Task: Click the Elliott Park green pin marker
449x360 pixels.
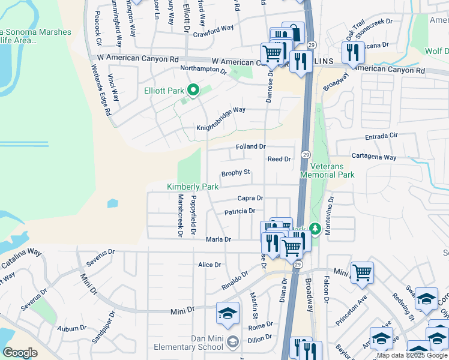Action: click(193, 91)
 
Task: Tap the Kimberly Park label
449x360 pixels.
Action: click(193, 187)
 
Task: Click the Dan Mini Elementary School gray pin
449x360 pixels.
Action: click(234, 341)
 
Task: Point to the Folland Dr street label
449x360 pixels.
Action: click(251, 147)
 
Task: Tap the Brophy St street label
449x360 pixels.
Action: click(235, 173)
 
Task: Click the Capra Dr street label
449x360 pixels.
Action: click(250, 198)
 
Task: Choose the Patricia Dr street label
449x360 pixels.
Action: click(240, 211)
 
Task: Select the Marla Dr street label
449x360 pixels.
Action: click(218, 239)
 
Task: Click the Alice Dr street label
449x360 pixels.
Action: click(209, 265)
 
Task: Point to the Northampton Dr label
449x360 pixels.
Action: click(203, 70)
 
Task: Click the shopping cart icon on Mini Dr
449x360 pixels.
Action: click(362, 272)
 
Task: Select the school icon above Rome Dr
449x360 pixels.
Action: click(228, 313)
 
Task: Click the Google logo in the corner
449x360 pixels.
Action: click(20, 352)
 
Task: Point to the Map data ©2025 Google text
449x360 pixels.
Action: click(412, 356)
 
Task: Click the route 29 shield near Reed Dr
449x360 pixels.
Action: click(305, 155)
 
